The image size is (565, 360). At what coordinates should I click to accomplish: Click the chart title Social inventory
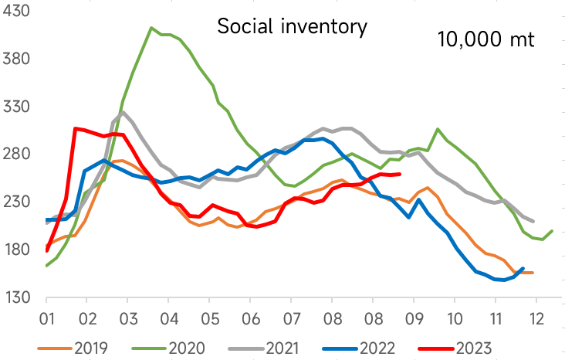(292, 27)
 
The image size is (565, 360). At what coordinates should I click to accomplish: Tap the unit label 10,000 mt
(485, 39)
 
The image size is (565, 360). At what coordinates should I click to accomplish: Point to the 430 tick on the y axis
(16, 11)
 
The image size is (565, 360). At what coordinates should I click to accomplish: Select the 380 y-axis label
(16, 58)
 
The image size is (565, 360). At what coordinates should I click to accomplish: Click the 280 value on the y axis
(16, 154)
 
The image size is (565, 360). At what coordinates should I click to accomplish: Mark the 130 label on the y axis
(16, 297)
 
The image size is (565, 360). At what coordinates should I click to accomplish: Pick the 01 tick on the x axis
(47, 319)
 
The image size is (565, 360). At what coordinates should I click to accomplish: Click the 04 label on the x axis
(169, 319)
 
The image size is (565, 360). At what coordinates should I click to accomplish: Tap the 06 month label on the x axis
(251, 319)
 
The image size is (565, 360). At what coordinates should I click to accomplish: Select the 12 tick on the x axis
(536, 319)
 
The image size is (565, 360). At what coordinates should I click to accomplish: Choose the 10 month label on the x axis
(455, 319)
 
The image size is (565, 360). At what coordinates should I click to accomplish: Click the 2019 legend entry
(73, 348)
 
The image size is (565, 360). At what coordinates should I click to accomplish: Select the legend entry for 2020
(168, 348)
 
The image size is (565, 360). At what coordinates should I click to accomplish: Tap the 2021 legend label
(264, 348)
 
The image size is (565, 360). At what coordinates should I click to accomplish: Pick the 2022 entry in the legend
(359, 348)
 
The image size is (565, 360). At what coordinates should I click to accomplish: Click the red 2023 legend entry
(455, 348)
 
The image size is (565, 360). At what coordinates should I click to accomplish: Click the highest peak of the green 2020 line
(151, 28)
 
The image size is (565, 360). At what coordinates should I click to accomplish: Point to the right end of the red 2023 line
(400, 175)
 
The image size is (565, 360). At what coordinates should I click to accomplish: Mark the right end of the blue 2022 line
(523, 268)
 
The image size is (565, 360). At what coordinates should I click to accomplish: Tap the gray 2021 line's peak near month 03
(123, 112)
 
